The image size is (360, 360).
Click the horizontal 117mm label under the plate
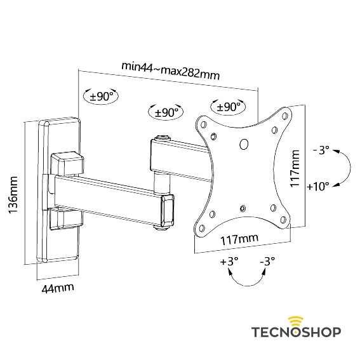tap(238, 241)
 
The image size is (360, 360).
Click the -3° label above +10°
tap(321, 150)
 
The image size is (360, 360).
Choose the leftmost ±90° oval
tap(102, 97)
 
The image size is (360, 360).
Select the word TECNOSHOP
tap(296, 332)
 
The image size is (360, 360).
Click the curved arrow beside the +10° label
tap(343, 168)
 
